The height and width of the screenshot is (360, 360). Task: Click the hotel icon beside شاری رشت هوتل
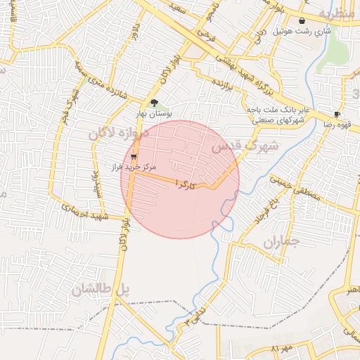click(302, 21)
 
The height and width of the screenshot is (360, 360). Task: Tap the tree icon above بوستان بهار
click(154, 103)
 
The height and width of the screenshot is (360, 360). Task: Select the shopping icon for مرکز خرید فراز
click(134, 157)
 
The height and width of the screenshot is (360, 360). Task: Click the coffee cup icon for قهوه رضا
click(337, 114)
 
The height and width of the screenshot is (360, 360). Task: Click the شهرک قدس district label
click(245, 147)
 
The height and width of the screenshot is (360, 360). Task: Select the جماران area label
click(281, 243)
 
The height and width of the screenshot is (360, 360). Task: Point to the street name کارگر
click(181, 185)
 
